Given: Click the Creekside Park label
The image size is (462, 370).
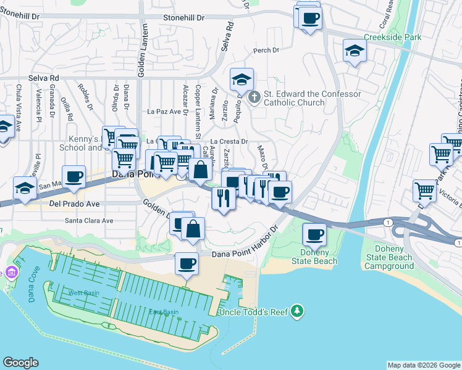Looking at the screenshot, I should (392, 37).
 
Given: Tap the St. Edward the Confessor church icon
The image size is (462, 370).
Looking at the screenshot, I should (254, 97).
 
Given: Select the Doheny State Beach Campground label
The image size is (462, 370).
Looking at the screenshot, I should (388, 257).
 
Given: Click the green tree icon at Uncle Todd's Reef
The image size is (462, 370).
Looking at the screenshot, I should (298, 311).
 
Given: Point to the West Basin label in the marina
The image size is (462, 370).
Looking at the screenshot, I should (83, 292).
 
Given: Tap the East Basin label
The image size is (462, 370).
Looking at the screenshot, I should (164, 312).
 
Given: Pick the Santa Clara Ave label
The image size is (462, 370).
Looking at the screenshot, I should (90, 220).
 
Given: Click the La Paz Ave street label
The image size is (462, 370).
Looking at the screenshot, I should (167, 112).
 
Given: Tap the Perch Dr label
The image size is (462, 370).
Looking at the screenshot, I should (262, 51).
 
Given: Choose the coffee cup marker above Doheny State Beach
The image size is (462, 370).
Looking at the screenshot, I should (314, 234).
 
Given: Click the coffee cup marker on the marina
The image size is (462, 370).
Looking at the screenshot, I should (186, 263).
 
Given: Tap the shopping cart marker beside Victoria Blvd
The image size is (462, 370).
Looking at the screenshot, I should (425, 191).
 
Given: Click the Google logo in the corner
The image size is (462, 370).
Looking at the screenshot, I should (20, 363).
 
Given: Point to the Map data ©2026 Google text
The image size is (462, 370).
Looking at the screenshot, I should (424, 365).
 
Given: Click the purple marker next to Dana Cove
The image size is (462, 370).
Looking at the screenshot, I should (11, 272).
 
